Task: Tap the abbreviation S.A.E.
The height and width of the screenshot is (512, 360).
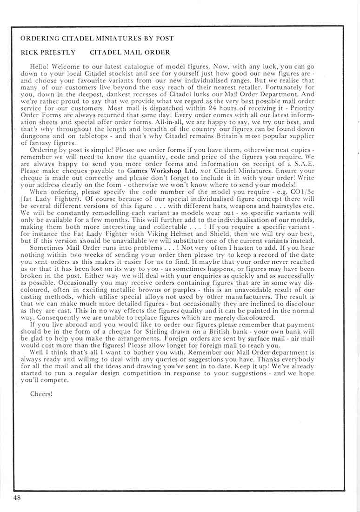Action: pyautogui.click(x=295, y=164)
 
